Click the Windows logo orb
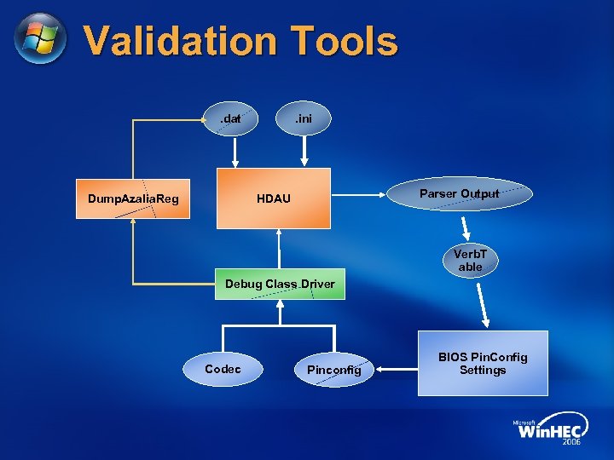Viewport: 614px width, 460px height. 40,39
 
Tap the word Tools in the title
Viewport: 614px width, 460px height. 344,41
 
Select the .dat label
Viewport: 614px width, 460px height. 230,118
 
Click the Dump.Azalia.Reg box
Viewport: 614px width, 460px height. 133,199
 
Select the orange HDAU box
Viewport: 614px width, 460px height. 274,198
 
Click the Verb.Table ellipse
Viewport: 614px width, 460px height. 470,261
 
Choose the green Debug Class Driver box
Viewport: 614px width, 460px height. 280,284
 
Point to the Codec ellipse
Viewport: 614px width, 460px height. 223,370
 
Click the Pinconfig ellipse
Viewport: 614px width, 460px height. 333,370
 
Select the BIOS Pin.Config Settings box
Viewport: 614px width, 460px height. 483,364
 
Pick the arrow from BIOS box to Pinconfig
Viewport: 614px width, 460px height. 396,370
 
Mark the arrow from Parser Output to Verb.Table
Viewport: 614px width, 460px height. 466,227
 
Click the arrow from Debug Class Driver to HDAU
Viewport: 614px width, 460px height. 280,250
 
